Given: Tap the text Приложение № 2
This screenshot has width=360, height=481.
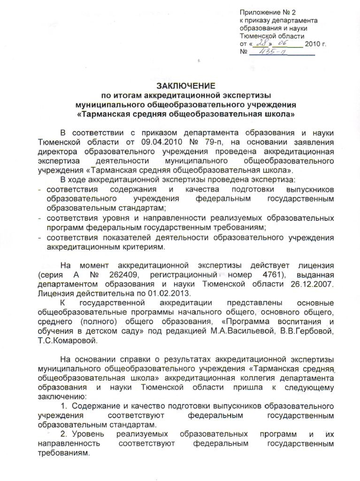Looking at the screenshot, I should [x=268, y=12].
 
